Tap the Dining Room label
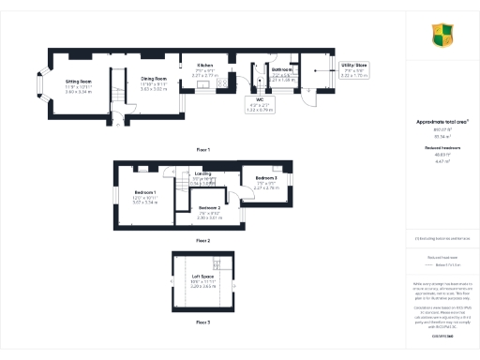[x=154, y=79]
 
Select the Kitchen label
[x=205, y=65]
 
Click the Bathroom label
[x=282, y=70]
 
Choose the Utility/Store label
[x=355, y=65]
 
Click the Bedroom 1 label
[x=143, y=192]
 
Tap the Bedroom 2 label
[x=210, y=207]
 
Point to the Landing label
[x=203, y=173]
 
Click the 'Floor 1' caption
[x=202, y=150]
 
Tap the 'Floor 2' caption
[x=202, y=241]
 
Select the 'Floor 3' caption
[x=202, y=322]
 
